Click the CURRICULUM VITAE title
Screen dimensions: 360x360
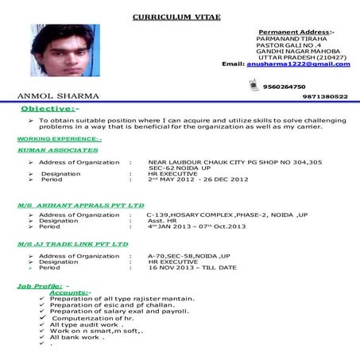coord(176,16)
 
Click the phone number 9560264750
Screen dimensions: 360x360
coord(284,87)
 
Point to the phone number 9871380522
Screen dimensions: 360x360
coord(325,96)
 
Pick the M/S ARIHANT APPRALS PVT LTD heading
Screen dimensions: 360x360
coord(81,204)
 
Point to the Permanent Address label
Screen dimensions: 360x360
coord(296,31)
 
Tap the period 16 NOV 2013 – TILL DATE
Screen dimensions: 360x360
coord(192,268)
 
